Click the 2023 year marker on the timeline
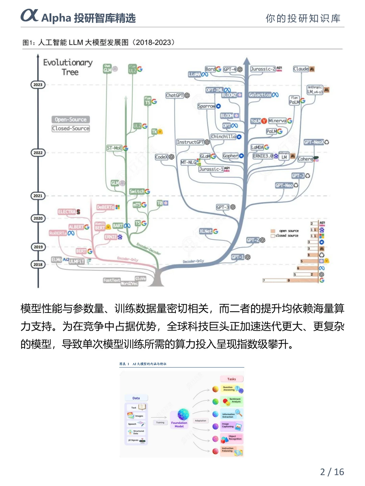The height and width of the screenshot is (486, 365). tap(38, 85)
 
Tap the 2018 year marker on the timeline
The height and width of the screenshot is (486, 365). tap(38, 265)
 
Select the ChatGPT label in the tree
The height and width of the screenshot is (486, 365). tap(175, 96)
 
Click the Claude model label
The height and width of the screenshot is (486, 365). tap(301, 69)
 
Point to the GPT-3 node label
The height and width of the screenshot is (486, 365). tap(223, 207)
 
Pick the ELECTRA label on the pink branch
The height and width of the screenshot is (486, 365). tap(67, 212)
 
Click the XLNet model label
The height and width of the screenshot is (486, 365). tap(205, 231)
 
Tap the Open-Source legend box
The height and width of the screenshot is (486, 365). tap(71, 119)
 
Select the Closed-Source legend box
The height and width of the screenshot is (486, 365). tap(71, 128)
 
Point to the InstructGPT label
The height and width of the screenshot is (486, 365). tap(190, 142)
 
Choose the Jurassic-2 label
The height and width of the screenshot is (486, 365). tap(263, 69)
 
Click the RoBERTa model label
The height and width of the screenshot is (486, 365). tap(58, 233)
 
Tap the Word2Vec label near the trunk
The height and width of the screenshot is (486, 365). tap(129, 283)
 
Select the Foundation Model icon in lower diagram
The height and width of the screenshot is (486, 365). tap(183, 415)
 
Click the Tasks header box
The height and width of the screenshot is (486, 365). tap(232, 379)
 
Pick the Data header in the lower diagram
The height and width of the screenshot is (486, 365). tap(136, 398)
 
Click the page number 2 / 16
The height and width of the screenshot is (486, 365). tap(332, 472)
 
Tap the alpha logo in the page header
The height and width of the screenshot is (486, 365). tap(30, 16)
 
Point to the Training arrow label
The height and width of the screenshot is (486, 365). tap(160, 422)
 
